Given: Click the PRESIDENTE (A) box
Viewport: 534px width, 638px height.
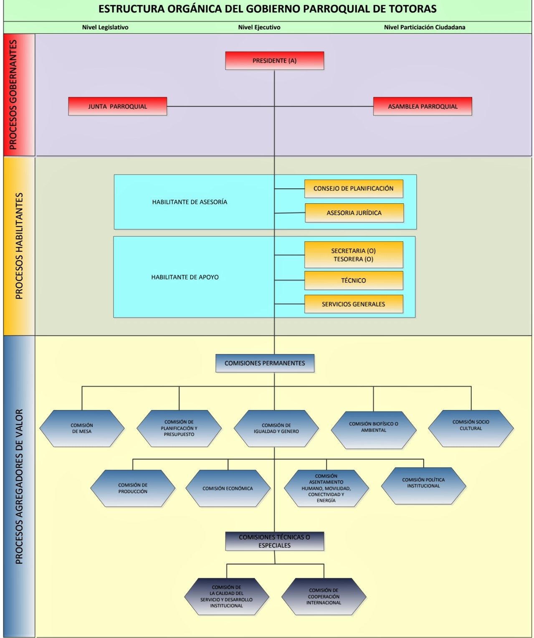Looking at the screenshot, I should click(x=274, y=61).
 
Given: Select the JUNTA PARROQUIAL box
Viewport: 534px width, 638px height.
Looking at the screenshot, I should click(x=117, y=106).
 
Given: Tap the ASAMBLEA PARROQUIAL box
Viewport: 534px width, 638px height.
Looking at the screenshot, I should click(x=423, y=106).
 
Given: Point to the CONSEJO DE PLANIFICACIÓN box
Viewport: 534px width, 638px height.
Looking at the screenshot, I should click(x=353, y=189).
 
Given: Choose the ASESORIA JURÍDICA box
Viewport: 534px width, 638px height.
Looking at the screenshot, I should click(x=354, y=213).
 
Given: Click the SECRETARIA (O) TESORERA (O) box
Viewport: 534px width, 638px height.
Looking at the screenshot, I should click(x=353, y=255).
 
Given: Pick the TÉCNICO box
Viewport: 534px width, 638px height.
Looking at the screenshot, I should click(x=353, y=281).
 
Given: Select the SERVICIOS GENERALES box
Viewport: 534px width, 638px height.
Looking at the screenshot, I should click(x=353, y=304).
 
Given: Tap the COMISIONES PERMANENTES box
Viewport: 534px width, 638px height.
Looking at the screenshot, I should click(x=265, y=363).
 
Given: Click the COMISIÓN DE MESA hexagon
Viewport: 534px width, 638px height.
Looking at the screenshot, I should click(x=82, y=428).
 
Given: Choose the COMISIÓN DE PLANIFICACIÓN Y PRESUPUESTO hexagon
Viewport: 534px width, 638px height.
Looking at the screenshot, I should click(x=179, y=428).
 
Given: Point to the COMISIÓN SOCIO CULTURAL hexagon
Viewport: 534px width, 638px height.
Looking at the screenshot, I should click(x=471, y=428).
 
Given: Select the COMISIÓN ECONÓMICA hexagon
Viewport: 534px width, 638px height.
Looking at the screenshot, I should click(x=228, y=489).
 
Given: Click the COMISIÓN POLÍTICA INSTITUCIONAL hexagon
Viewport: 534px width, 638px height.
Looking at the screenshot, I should click(x=423, y=486).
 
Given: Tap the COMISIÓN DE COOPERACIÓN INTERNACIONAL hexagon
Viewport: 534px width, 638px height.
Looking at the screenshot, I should click(x=324, y=597).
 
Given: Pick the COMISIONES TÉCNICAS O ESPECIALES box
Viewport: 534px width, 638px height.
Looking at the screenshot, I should click(x=274, y=541).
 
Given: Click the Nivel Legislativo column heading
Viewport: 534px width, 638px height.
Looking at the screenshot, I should click(x=105, y=28).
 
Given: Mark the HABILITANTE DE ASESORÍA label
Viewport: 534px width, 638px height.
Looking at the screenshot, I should click(x=190, y=202).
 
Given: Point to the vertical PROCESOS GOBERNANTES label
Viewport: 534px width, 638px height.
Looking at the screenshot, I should click(x=13, y=95).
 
